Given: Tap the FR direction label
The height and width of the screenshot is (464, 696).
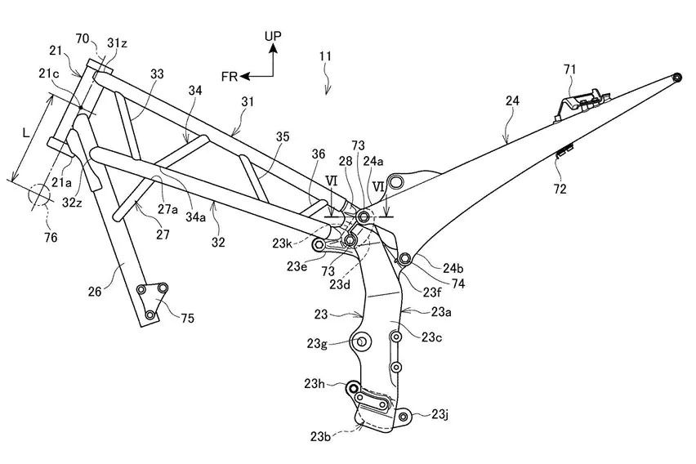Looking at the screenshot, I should point(230,76).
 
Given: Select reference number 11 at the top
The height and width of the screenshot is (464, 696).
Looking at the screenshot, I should point(324,56).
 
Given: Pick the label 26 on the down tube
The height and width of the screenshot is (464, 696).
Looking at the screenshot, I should point(96,290).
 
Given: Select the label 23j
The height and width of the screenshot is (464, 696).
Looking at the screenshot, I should point(440,415).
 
